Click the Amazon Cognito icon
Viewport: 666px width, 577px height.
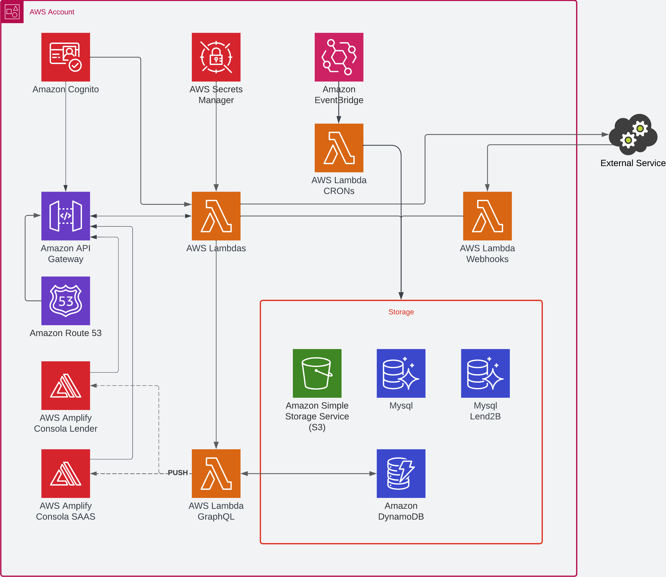pos(66,57)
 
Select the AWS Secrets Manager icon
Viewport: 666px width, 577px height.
pos(216,57)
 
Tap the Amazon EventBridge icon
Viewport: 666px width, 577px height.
pos(339,57)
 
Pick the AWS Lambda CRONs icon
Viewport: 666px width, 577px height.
pos(339,148)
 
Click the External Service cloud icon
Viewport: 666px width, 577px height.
pos(633,134)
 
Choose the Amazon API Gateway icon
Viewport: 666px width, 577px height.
pos(66,216)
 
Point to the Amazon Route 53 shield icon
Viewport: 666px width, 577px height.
pos(66,301)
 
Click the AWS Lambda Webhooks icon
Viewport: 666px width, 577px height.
pos(487,216)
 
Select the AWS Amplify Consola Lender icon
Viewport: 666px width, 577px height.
pos(66,385)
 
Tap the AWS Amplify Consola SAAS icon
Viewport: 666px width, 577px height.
pos(66,473)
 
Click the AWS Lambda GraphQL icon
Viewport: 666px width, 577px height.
pos(216,473)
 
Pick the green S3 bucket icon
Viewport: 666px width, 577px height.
pos(317,373)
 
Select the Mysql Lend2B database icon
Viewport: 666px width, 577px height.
pos(485,373)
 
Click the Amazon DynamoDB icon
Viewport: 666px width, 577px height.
pos(401,473)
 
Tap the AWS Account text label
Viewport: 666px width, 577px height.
pos(52,12)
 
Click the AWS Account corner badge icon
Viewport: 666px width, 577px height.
pos(12,12)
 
